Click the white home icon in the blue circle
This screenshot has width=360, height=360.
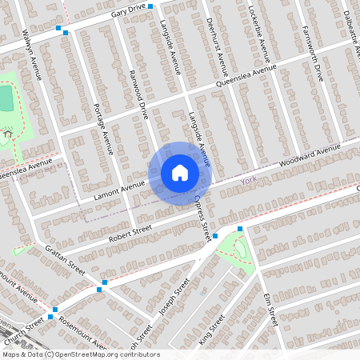point(180,173)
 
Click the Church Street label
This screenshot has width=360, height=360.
point(23,327)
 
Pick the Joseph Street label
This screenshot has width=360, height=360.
point(174,298)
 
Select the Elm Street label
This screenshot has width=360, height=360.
point(270,308)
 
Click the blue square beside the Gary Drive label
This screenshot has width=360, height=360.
point(150,18)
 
